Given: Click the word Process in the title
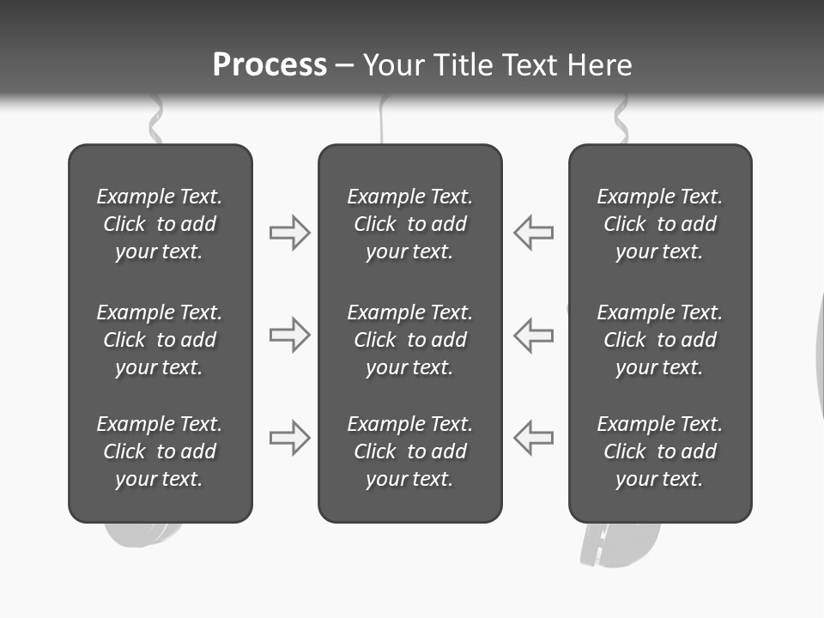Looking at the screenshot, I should point(270,65).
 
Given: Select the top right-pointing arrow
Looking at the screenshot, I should point(289,233).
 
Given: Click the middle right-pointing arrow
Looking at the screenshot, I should point(289,335).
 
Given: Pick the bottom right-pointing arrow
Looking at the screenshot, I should point(289,438).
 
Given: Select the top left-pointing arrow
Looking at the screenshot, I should point(534,233).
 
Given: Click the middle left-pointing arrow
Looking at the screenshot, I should point(534,335).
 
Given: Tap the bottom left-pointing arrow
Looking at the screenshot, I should point(534,438).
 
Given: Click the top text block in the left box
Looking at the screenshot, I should point(160,224).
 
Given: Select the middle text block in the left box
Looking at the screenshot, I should point(160,340).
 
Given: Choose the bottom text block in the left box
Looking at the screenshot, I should point(160,451).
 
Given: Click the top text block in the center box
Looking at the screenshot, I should point(409,224).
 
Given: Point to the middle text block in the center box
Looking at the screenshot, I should point(409,340).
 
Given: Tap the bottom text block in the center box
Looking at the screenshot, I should point(409,451).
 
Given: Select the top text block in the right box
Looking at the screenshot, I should point(659,224).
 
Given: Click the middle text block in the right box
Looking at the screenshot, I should point(659,340).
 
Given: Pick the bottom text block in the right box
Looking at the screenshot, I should point(659,451).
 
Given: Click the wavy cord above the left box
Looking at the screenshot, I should point(155,122).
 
